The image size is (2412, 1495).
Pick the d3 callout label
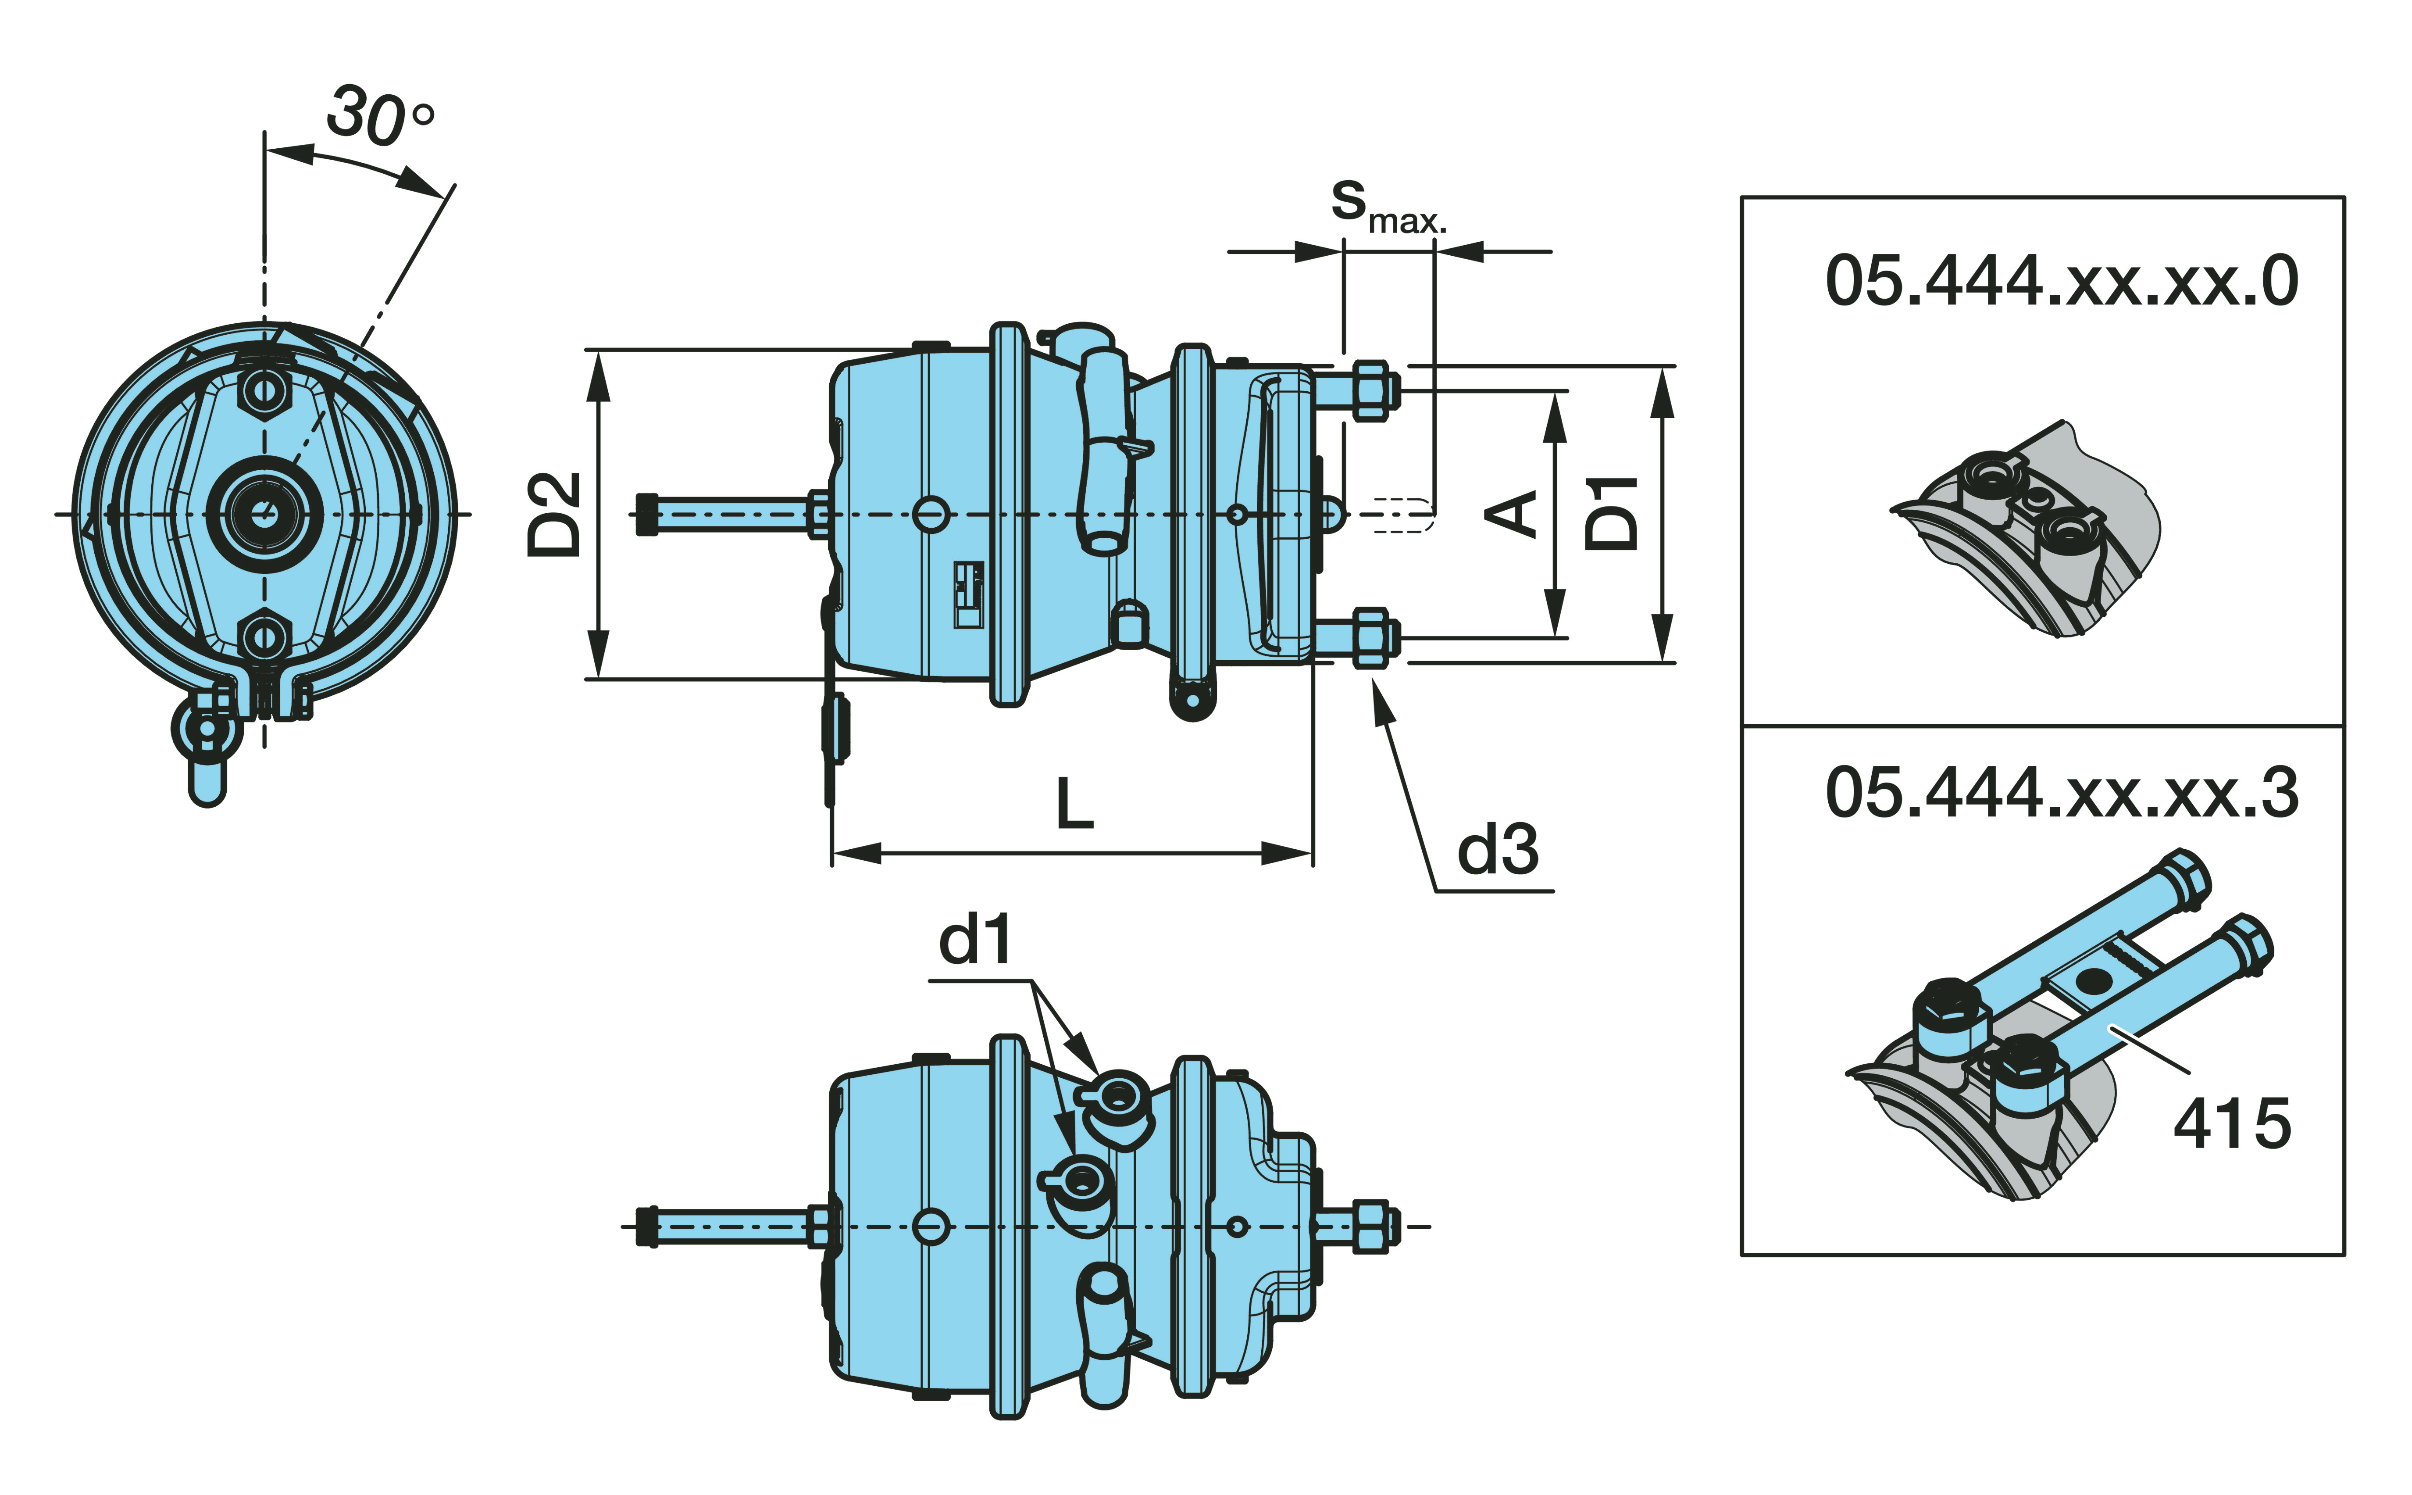[x=1498, y=850]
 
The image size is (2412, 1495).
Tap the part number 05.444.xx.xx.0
[x=2061, y=282]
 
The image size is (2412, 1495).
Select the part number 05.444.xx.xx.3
[x=2061, y=793]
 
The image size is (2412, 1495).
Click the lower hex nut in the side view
[x=1369, y=638]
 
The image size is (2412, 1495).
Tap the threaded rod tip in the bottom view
[x=647, y=1226]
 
